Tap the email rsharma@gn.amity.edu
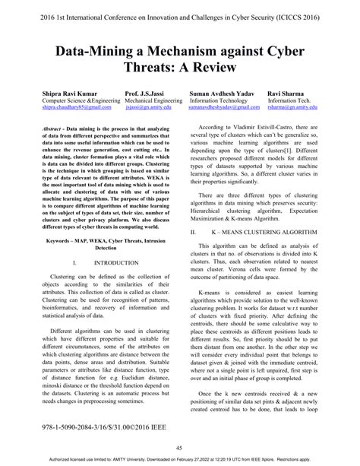click(x=298, y=108)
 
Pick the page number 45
click(x=179, y=448)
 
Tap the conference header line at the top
click(x=180, y=13)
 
